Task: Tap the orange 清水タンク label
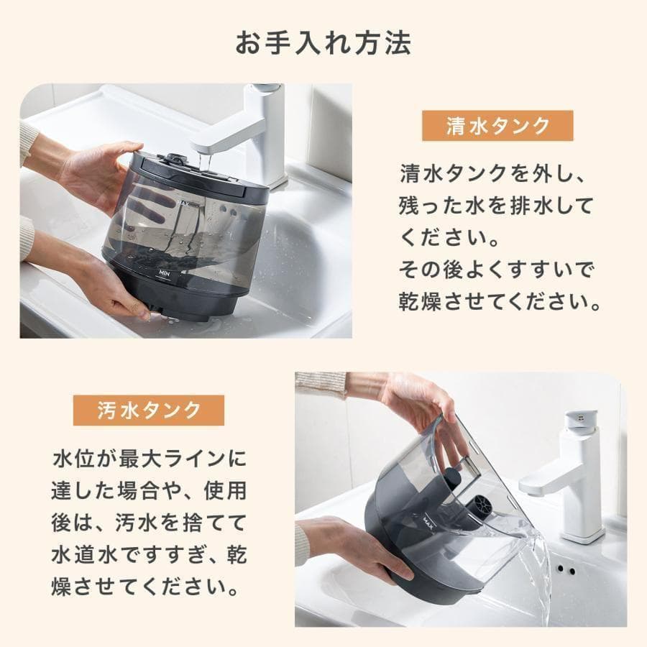click(x=497, y=127)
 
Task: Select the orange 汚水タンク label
click(x=149, y=410)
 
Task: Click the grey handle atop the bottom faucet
click(x=581, y=419)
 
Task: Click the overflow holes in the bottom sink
click(x=565, y=569)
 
